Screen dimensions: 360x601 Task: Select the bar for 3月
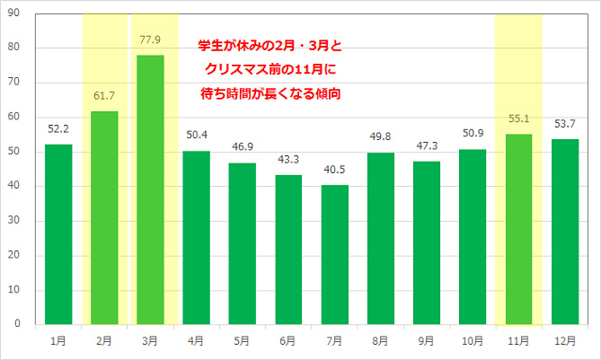pyautogui.click(x=150, y=189)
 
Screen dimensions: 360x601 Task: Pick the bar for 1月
pyautogui.click(x=58, y=233)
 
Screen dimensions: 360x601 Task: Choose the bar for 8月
pyautogui.click(x=380, y=238)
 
